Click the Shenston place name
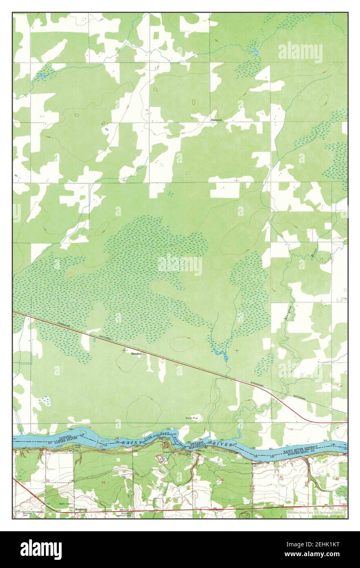click(216, 120)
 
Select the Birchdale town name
click(82, 510)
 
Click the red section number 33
click(47, 481)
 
